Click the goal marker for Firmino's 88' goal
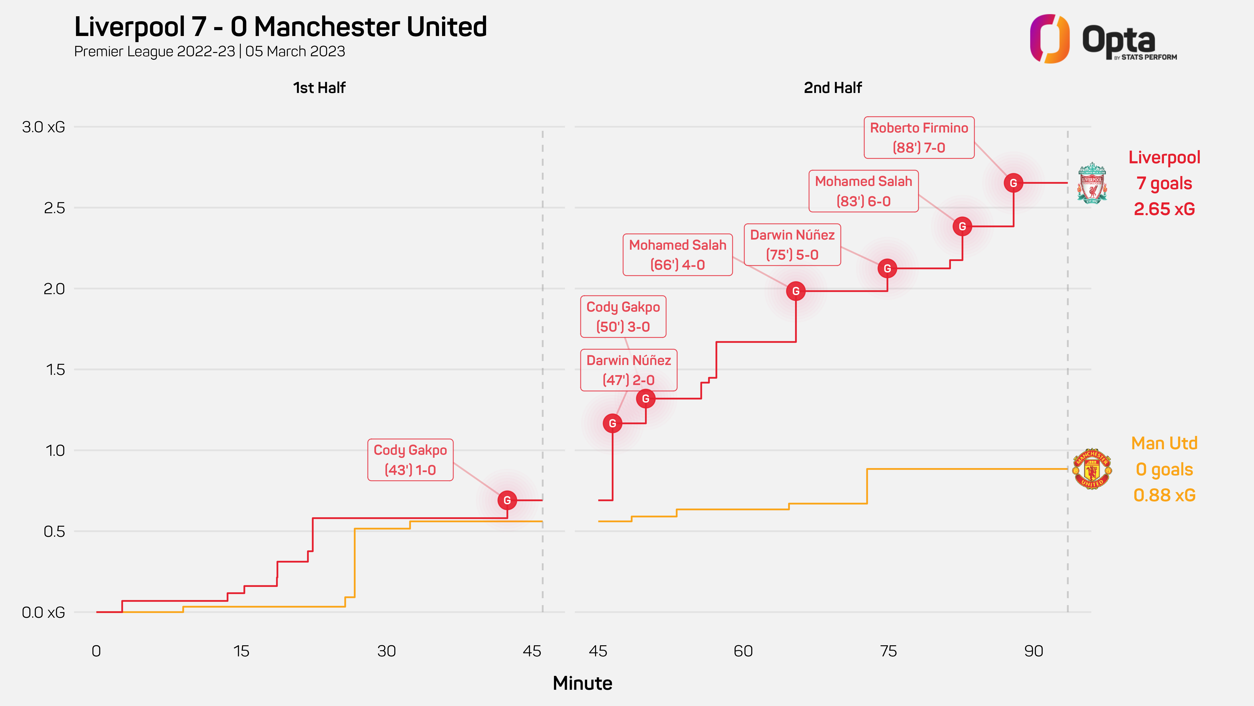click(x=1013, y=183)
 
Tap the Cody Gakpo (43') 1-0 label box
click(x=410, y=460)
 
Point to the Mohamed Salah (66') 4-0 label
click(x=677, y=255)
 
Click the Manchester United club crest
click(x=1092, y=469)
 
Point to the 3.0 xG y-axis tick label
click(x=43, y=127)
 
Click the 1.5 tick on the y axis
click(x=55, y=370)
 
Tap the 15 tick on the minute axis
click(x=241, y=651)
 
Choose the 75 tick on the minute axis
click(x=888, y=651)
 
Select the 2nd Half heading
click(x=832, y=88)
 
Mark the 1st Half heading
click(x=319, y=88)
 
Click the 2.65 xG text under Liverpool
click(x=1164, y=209)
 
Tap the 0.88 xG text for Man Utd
click(x=1164, y=495)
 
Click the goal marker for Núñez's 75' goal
click(x=887, y=269)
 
